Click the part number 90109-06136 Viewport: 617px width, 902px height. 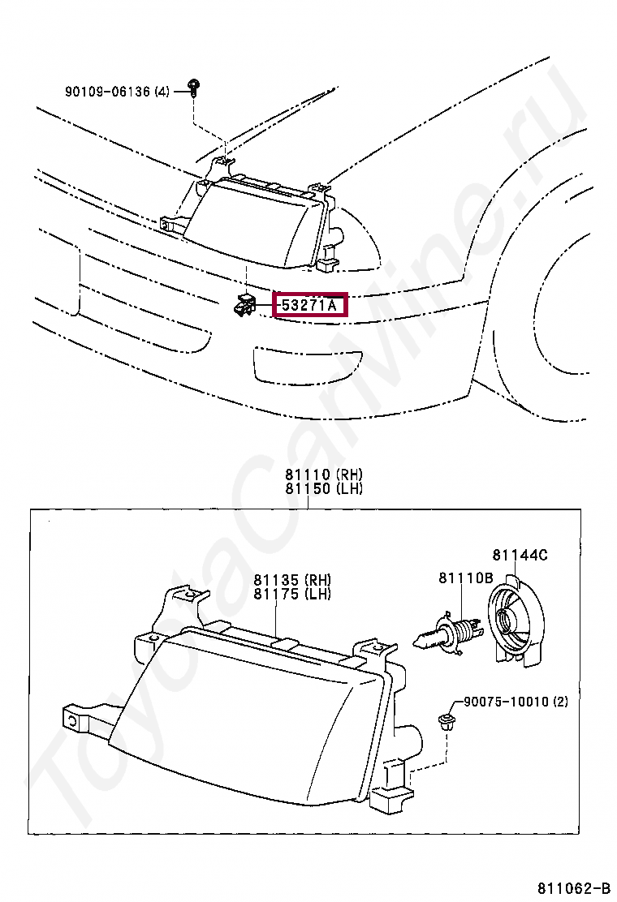107,92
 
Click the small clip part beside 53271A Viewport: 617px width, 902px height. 244,306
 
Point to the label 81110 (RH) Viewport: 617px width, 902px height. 323,475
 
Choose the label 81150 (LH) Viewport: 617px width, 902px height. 323,488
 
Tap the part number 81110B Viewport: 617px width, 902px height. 466,578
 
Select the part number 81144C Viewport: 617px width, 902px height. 520,555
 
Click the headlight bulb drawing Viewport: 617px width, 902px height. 448,632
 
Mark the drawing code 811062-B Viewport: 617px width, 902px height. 572,886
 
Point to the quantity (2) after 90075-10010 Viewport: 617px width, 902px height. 560,702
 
